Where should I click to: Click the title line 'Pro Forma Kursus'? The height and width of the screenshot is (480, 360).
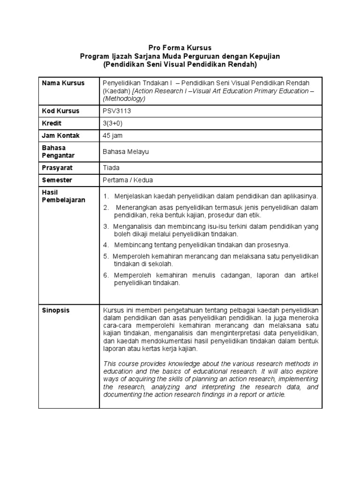(x=180, y=48)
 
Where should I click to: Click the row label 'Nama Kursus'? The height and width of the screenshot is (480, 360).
(x=63, y=83)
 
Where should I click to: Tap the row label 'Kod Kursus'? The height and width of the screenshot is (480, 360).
(x=61, y=111)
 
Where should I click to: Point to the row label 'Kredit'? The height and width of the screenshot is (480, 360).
(x=52, y=123)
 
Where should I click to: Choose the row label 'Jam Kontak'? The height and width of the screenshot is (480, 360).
(x=61, y=135)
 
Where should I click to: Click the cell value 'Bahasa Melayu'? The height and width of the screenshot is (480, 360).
(x=122, y=152)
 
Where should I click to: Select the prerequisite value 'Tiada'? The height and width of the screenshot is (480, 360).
(x=111, y=168)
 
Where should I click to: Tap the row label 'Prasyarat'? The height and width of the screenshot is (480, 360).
(x=57, y=168)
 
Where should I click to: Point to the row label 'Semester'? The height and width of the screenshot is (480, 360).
(x=58, y=180)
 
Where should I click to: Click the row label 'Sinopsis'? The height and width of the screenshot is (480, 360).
(x=56, y=310)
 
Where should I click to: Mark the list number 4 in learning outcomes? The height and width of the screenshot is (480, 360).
(x=105, y=245)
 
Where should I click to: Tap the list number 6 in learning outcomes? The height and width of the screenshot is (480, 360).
(x=105, y=275)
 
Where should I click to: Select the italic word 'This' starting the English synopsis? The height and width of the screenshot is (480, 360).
(x=110, y=364)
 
